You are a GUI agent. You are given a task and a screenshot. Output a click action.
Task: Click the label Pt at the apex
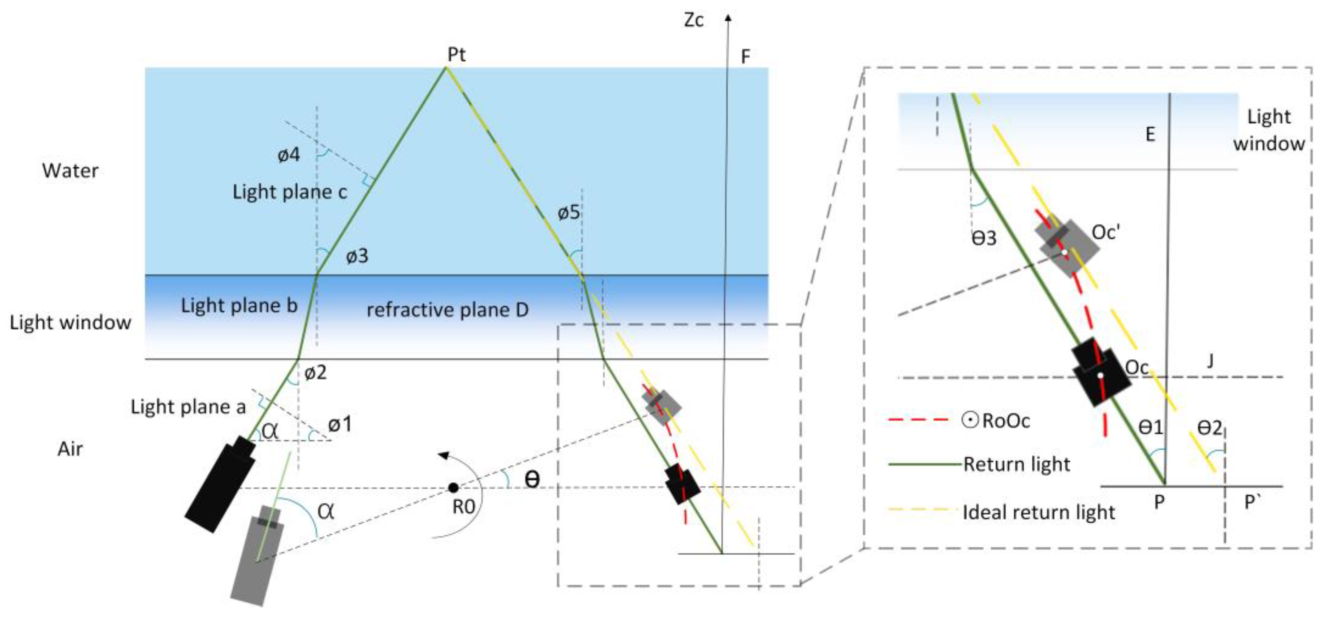point(456,54)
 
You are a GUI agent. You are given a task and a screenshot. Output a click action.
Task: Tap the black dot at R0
point(453,488)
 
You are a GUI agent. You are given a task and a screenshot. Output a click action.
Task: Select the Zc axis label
point(694,20)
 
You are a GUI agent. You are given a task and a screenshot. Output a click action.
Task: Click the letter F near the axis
point(746,56)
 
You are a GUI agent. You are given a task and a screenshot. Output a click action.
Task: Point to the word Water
point(70,171)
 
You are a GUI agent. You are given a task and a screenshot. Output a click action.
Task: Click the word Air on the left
point(70,449)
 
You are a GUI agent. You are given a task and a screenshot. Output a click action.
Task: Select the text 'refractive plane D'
point(448,310)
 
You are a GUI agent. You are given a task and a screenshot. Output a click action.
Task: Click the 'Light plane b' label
point(239,305)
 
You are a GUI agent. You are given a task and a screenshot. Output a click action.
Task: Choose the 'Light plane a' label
point(188,407)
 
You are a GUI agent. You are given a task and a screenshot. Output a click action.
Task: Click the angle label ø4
point(289,155)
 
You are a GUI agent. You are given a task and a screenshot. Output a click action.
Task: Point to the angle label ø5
point(569,212)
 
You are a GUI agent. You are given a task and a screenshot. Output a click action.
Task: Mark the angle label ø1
point(340,424)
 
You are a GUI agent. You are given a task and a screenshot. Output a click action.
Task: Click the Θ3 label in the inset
point(984,239)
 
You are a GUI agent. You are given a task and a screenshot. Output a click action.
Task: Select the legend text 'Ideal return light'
point(1038,512)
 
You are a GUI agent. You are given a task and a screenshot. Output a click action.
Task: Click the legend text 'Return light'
point(1016,464)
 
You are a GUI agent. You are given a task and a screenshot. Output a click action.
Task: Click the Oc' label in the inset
point(1105,233)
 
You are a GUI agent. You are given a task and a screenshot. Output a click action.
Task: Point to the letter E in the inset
point(1150,135)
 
